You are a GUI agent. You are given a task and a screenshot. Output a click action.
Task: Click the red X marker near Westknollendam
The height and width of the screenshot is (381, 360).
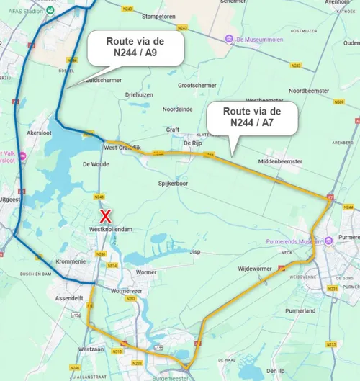105,215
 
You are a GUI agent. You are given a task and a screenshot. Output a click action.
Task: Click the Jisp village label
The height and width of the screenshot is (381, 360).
194,252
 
